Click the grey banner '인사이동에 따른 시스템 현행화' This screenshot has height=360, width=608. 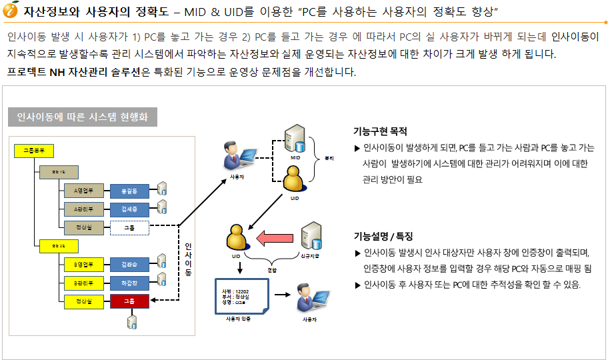point(83,118)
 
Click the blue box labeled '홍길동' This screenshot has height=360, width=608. point(129,191)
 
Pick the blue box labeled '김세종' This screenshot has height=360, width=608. point(129,209)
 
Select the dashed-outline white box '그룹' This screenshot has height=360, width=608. point(129,228)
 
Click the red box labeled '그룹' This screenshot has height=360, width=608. point(129,302)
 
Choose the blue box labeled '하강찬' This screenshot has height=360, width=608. point(129,283)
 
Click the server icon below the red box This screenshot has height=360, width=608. point(132,322)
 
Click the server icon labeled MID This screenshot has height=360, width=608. point(295,138)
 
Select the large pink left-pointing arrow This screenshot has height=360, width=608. point(276,237)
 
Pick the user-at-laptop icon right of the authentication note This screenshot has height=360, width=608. point(308,299)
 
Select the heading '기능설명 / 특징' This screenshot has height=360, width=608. point(383,236)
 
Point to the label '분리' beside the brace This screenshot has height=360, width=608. point(328,159)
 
